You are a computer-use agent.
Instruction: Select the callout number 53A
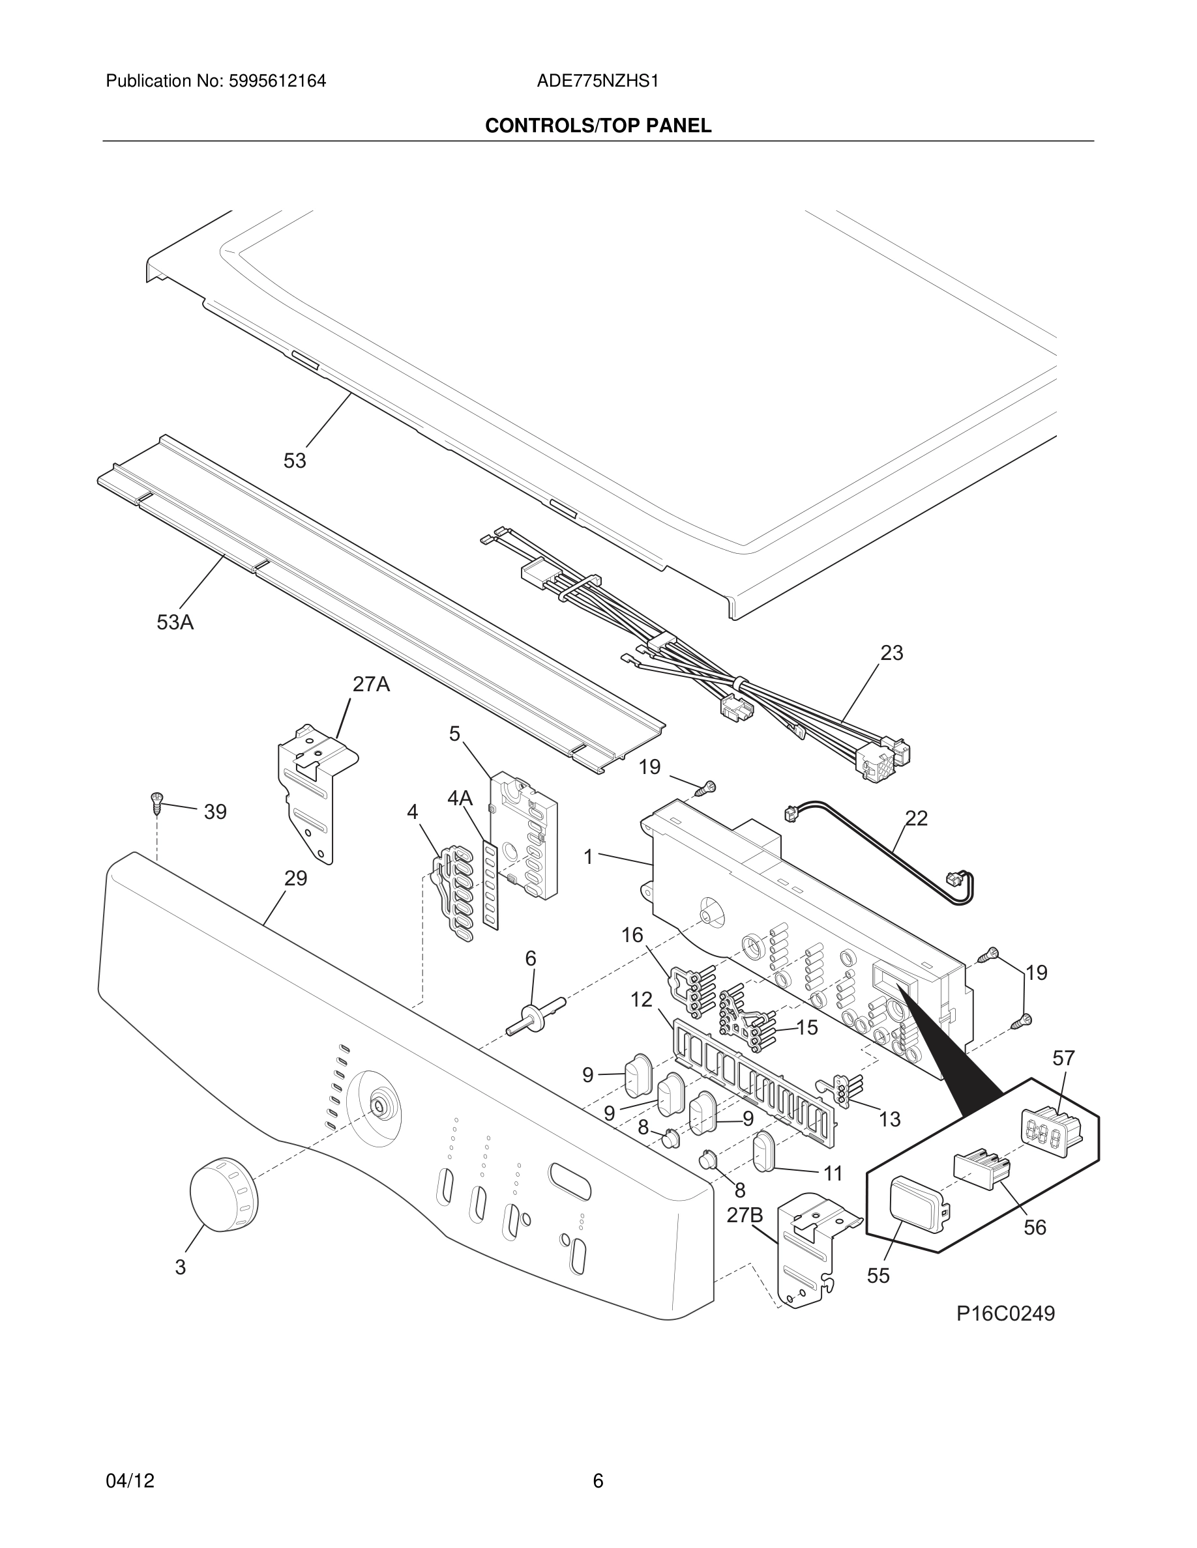pos(175,622)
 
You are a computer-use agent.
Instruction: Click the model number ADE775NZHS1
pos(598,81)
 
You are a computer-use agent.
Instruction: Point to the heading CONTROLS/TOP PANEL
pos(598,126)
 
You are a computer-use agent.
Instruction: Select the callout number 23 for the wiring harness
pos(891,653)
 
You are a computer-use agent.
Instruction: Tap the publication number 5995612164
pos(277,81)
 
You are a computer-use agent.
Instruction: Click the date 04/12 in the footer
pos(130,1480)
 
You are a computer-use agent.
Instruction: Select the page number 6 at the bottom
pos(598,1480)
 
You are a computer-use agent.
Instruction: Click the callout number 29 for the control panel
pos(296,878)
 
